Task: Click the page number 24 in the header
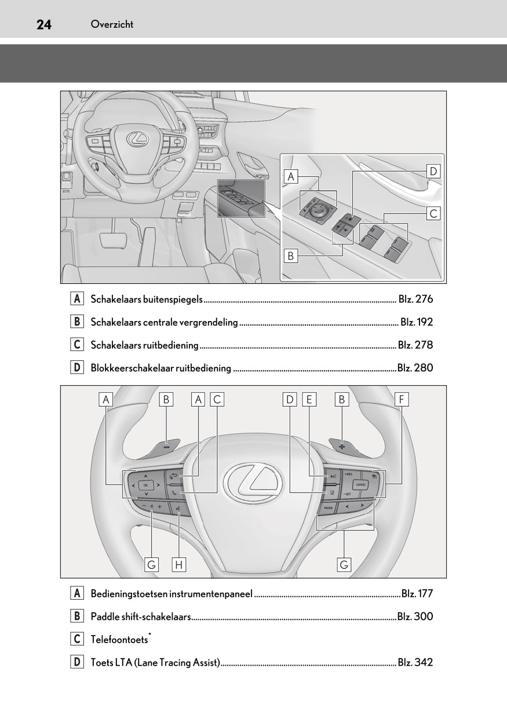44,24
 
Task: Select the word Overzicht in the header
112,24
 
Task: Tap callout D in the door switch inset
433,171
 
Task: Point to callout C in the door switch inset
433,214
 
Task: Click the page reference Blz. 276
415,300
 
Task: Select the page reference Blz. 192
417,322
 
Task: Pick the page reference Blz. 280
415,368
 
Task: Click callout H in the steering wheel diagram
179,564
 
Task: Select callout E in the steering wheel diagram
309,399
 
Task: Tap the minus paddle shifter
166,446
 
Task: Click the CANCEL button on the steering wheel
361,484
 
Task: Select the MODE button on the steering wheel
328,507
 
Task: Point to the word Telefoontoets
119,640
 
